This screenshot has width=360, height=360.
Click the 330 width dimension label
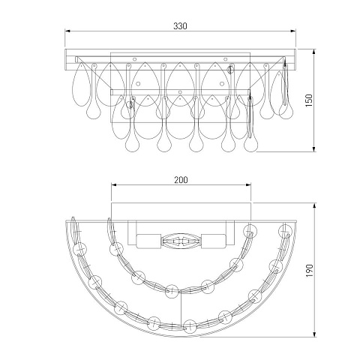(180, 25)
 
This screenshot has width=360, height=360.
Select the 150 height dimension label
(309, 100)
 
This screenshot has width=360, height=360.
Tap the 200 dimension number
(181, 180)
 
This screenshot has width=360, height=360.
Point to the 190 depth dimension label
(309, 270)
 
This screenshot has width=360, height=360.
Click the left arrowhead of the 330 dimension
(67, 31)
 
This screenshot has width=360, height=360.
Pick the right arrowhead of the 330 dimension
(293, 31)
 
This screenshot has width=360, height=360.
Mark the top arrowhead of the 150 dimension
(314, 52)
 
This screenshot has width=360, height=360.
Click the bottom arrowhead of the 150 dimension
(314, 149)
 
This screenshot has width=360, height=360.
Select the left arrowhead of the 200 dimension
(114, 184)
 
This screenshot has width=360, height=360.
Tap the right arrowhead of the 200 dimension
(248, 184)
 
